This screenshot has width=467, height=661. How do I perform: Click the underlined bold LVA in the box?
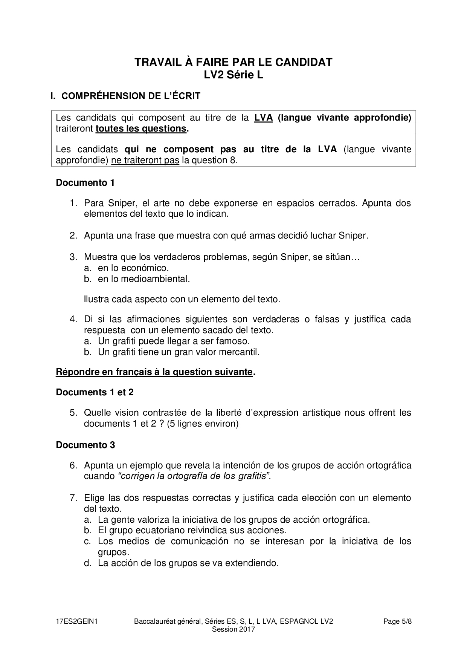[263, 118]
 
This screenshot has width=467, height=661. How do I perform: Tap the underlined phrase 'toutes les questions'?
[141, 129]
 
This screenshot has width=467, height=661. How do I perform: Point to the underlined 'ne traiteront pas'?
[145, 160]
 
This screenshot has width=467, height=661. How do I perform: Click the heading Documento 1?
[85, 183]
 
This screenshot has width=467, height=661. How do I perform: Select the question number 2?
[73, 236]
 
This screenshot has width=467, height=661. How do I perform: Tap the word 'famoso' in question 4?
[234, 341]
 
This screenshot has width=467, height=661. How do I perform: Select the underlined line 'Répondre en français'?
[154, 372]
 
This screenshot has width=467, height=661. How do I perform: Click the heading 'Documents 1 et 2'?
[95, 392]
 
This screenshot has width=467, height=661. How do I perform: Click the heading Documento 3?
[85, 445]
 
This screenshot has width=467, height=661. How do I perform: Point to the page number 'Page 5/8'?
[397, 621]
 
